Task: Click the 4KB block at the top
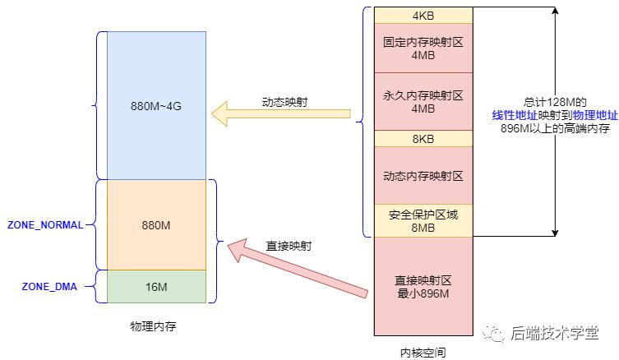(423, 16)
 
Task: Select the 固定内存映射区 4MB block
(423, 48)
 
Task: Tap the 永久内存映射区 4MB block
(423, 101)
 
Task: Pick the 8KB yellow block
(423, 139)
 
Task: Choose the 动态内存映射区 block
(423, 175)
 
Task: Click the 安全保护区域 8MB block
(423, 220)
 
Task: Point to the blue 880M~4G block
(150, 105)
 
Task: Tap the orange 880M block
(150, 224)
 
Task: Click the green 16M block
(150, 286)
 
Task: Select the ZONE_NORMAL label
(45, 224)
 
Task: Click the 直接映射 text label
(289, 245)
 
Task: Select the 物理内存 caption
(153, 326)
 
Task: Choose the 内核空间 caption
(423, 352)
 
